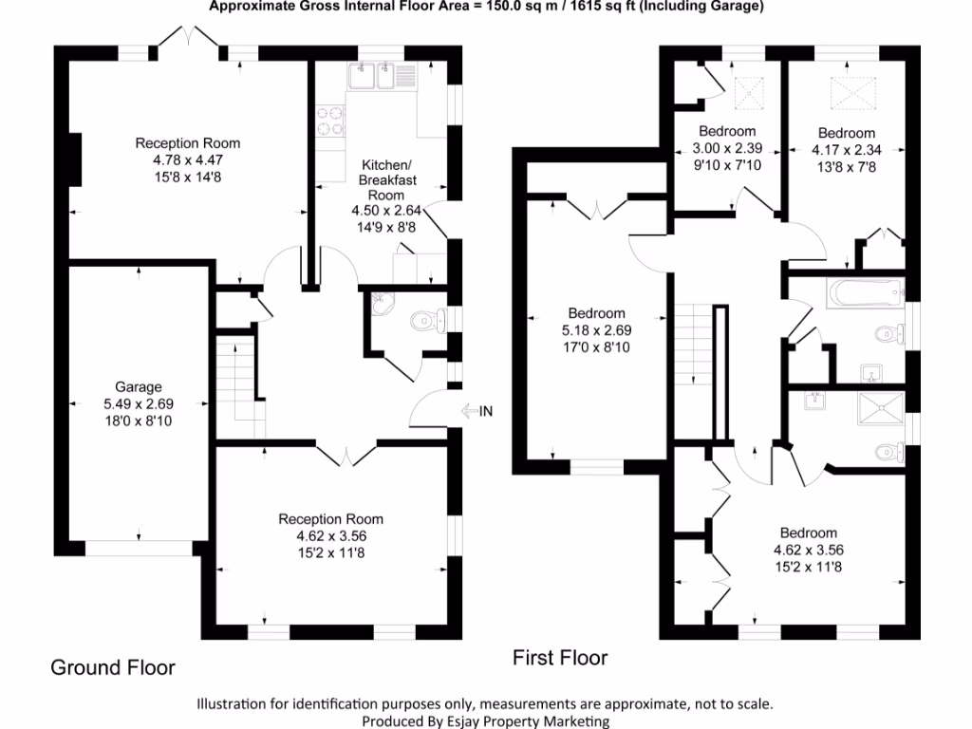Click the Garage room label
tap(139, 386)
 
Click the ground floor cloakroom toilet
tap(428, 323)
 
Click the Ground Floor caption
tap(112, 667)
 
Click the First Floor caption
tap(560, 657)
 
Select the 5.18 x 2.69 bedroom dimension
tap(596, 330)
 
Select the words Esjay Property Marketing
tap(533, 720)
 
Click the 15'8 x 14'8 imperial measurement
tap(187, 176)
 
